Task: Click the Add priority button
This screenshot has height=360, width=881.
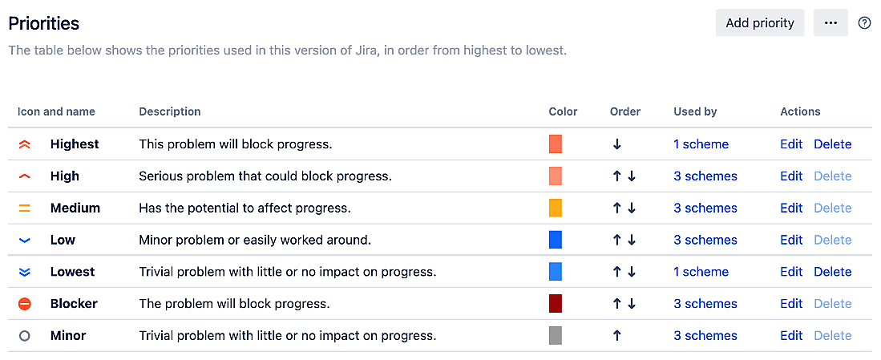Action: point(759,23)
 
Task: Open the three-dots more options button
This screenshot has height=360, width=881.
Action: point(830,23)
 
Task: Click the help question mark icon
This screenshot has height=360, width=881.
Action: point(864,23)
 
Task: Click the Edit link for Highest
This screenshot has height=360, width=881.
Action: point(791,144)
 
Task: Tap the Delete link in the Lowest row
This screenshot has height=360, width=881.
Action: point(832,272)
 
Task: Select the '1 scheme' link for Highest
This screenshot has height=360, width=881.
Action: point(701,144)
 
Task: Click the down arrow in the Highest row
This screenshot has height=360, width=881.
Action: point(616,144)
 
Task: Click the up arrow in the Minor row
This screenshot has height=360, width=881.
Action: point(616,336)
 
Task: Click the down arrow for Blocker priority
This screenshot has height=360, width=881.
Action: point(632,304)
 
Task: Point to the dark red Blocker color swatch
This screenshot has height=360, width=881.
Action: point(556,304)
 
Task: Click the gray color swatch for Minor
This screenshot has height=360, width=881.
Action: point(556,336)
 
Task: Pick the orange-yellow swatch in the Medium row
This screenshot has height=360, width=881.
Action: point(556,208)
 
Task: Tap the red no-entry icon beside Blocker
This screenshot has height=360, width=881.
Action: point(24,304)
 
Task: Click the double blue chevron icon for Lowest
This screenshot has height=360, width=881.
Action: point(24,272)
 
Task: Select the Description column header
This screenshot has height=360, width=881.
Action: point(170,111)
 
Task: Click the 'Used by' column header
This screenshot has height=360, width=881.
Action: point(695,111)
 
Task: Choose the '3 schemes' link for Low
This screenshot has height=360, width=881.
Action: point(705,240)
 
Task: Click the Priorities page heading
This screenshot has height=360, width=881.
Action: point(44,23)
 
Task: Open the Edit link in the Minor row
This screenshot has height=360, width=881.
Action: point(791,336)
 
